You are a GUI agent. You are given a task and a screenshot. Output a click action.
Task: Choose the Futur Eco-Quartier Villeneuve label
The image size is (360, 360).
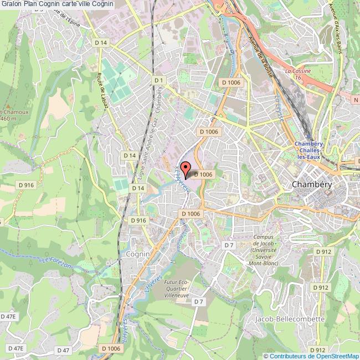click(x=177, y=289)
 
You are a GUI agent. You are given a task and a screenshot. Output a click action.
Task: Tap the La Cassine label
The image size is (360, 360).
click(x=297, y=71)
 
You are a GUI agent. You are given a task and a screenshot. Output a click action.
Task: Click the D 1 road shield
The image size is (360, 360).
click(x=160, y=80)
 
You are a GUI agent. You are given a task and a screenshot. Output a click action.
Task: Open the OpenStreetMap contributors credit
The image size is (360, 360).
click(x=312, y=356)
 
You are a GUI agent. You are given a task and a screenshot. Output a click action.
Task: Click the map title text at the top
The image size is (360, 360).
click(x=58, y=4)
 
